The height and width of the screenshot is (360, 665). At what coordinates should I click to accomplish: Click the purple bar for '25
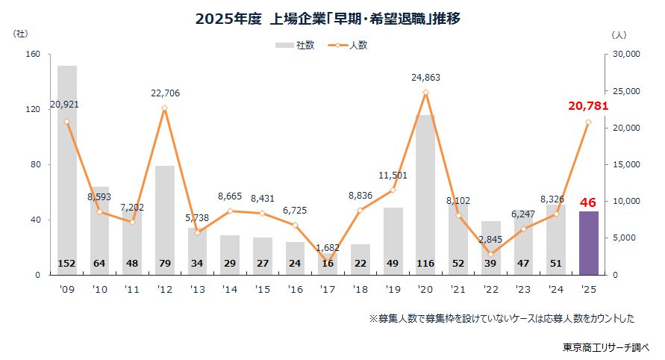pos(588,243)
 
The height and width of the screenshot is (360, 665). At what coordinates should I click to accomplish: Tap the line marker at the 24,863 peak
pos(425,93)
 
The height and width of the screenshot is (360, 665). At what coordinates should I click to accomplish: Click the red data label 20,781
pos(588,106)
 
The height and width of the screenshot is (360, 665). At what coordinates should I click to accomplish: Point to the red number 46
pos(588,202)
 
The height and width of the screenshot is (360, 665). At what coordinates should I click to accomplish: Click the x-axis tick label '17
pos(328,288)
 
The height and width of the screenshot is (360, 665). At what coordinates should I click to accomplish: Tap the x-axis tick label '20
pos(425,288)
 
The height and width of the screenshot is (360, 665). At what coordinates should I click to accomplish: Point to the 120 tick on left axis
pos(34,110)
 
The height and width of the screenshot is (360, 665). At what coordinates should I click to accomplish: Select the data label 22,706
pos(165,93)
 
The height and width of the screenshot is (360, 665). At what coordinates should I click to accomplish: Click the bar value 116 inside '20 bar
pos(425,264)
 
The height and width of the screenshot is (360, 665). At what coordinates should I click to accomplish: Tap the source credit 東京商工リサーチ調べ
pos(607,347)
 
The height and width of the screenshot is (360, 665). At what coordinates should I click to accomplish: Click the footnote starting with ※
pos(502,318)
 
